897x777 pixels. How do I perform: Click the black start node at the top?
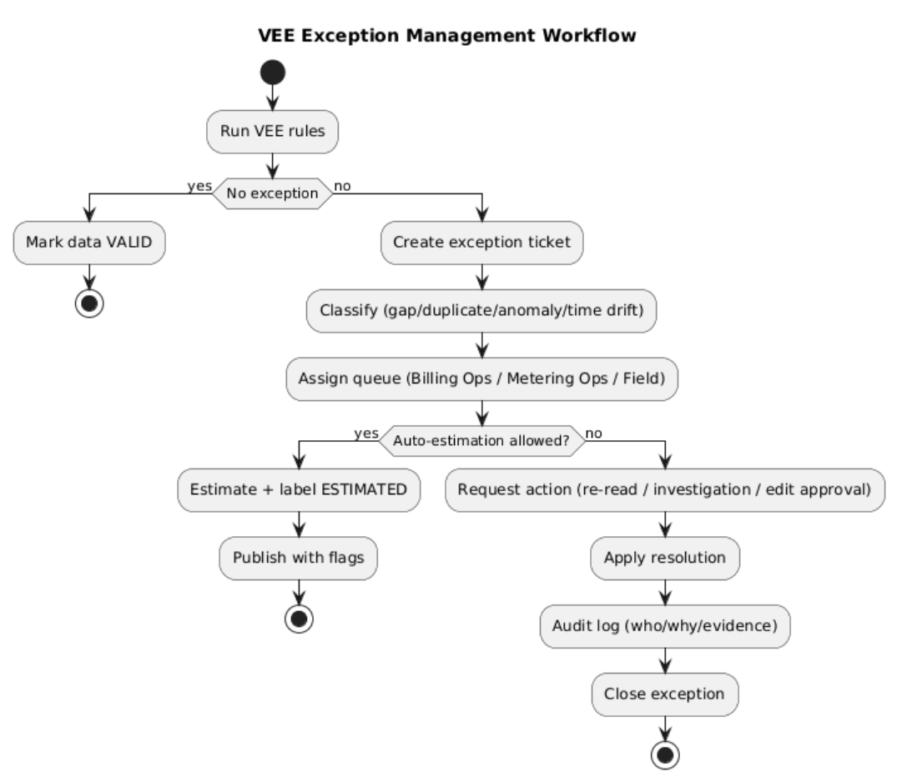[x=272, y=73]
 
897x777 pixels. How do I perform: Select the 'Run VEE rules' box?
[x=272, y=132]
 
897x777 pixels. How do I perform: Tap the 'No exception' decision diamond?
[x=272, y=193]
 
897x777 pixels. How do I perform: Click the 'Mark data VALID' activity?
[x=89, y=243]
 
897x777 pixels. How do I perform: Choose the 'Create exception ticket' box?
[x=481, y=243]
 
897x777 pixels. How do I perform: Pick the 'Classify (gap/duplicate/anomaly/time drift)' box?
[x=481, y=310]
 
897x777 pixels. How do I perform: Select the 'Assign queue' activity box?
[x=481, y=378]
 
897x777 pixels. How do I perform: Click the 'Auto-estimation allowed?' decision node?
[x=481, y=441]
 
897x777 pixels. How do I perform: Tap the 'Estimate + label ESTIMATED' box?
[x=299, y=490]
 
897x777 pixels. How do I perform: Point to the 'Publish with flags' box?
[x=299, y=558]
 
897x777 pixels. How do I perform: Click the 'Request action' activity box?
[x=665, y=490]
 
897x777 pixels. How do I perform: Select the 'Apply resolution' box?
[x=665, y=558]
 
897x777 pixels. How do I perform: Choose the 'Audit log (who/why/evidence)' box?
[x=665, y=626]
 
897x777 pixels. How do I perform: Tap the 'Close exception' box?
[x=665, y=694]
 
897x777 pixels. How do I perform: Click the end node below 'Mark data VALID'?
[x=89, y=303]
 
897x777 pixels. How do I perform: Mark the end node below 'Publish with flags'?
[x=299, y=619]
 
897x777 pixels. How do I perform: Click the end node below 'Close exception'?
[x=665, y=755]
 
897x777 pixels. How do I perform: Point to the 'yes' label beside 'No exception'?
[x=199, y=187]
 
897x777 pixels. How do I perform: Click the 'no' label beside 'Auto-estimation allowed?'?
[x=594, y=434]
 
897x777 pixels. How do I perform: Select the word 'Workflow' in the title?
[x=589, y=36]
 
